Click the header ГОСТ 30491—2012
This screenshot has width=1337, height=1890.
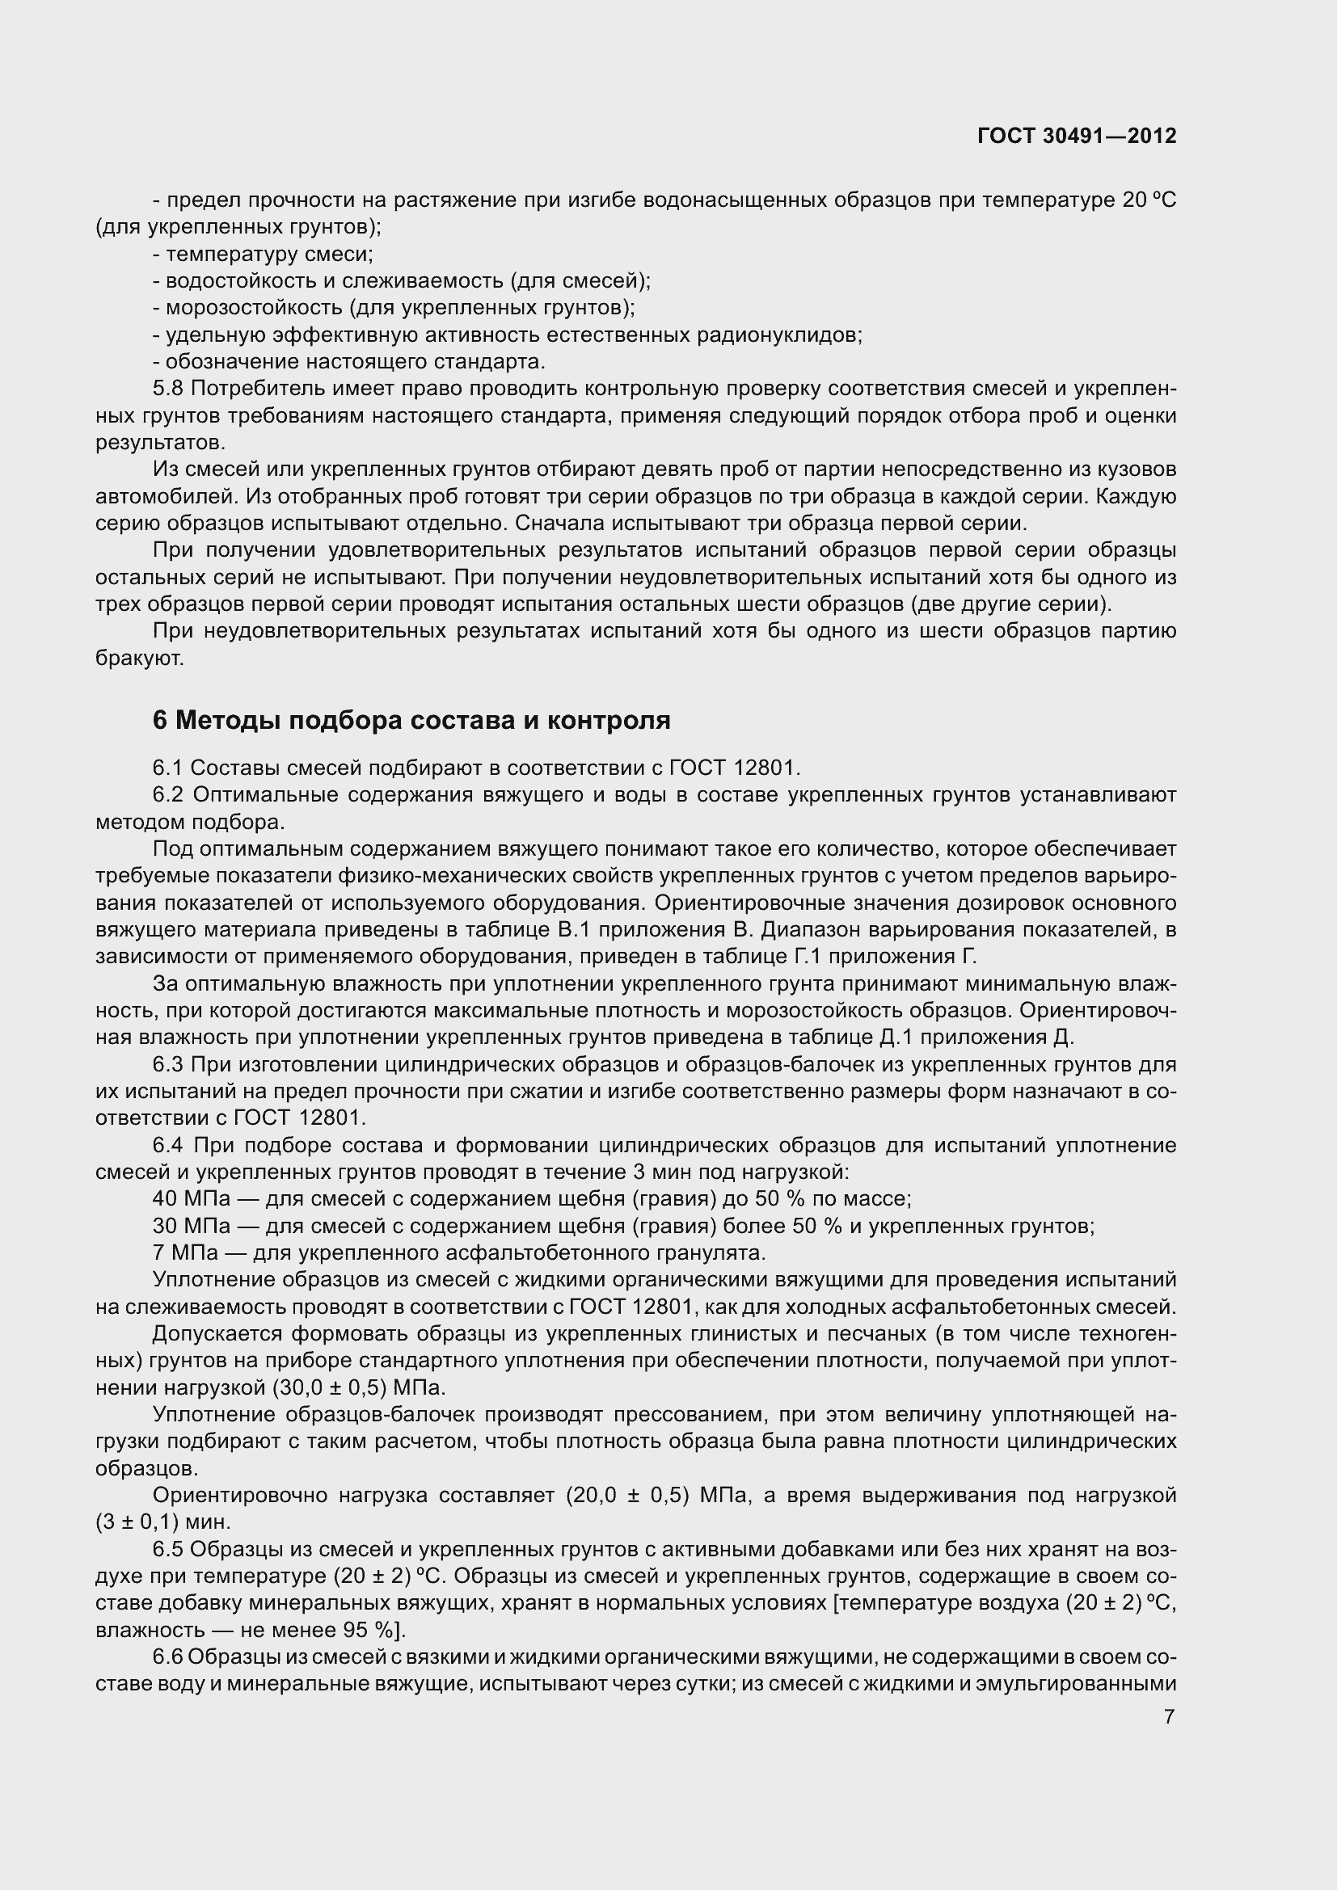(1077, 136)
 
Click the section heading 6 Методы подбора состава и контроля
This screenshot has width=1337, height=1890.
(411, 720)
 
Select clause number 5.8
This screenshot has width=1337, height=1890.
(168, 389)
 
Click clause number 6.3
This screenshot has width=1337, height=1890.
(168, 1065)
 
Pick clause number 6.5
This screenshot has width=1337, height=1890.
(168, 1550)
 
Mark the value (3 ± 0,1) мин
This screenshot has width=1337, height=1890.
(164, 1522)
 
